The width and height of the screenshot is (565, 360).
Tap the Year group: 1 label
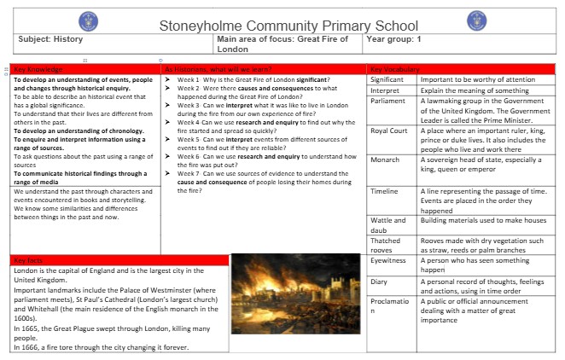[394, 39]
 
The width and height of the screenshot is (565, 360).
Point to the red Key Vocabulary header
[395, 68]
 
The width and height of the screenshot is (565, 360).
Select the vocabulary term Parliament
[389, 101]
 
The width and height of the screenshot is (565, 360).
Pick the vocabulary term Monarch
[385, 160]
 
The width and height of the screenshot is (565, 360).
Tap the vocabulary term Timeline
[385, 192]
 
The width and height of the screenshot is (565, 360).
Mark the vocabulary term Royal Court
[389, 131]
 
